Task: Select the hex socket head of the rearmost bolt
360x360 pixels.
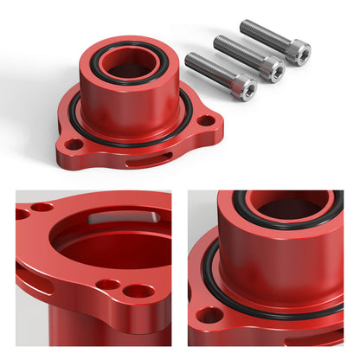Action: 298,53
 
